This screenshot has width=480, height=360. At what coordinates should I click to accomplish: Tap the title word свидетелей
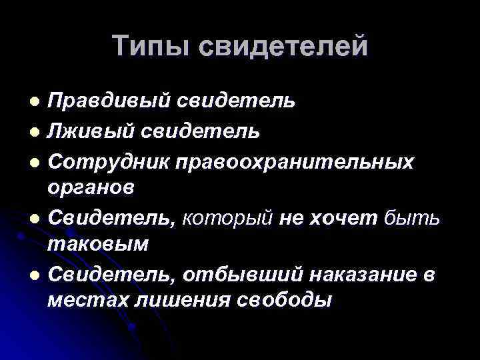tap(283, 46)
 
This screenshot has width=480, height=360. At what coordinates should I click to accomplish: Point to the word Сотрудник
tap(111, 161)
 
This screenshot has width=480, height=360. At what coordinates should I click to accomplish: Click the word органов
tap(91, 187)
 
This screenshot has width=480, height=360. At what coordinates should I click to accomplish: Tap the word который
tap(228, 217)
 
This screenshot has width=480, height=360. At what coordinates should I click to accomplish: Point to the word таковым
tap(98, 243)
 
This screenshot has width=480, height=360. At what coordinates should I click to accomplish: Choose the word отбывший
tap(245, 274)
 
